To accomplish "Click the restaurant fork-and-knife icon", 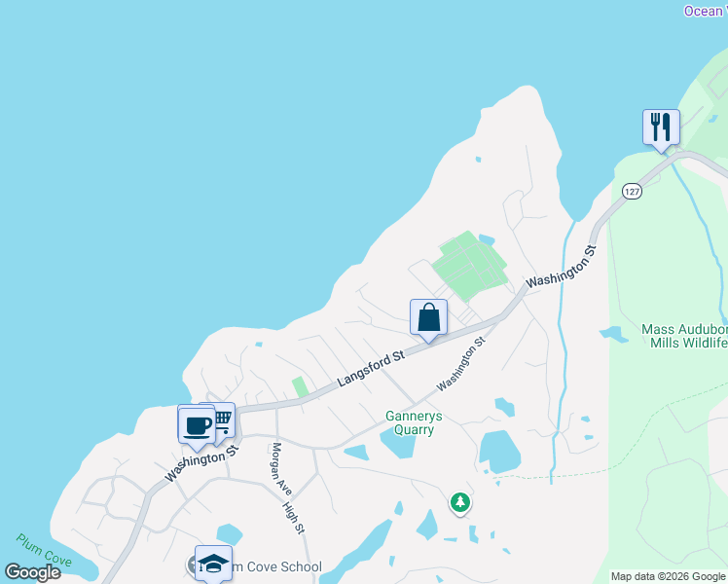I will [661, 127].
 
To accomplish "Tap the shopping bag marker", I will [428, 316].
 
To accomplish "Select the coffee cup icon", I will [197, 424].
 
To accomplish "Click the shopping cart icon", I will [221, 420].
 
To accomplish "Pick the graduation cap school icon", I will [213, 563].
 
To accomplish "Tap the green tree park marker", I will [459, 502].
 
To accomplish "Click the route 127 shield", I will [633, 192].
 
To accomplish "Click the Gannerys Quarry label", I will [414, 422].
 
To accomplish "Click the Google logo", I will [32, 571].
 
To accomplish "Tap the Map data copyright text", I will [668, 576].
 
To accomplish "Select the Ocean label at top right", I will [704, 11].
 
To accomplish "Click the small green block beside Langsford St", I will [301, 386].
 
